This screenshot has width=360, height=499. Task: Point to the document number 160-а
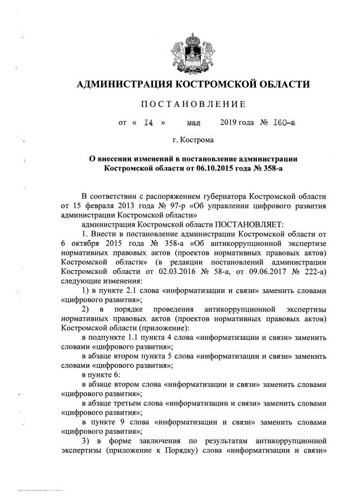point(281,122)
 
